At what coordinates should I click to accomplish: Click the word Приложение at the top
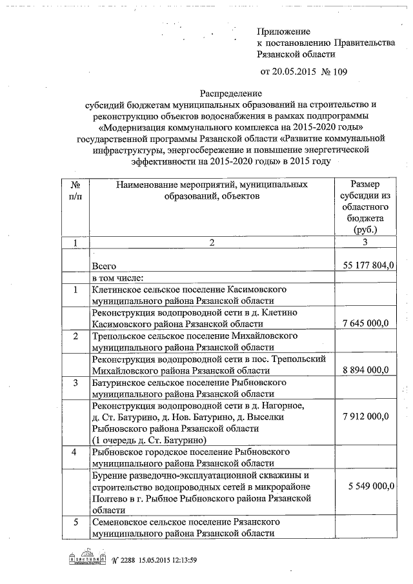(x=283, y=31)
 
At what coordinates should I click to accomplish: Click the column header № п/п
(x=75, y=190)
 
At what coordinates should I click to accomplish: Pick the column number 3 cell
(x=365, y=243)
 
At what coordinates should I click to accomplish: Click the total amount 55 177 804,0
(x=365, y=265)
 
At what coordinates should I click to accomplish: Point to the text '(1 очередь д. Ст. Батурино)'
(x=149, y=440)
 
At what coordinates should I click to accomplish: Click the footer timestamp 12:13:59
(x=179, y=560)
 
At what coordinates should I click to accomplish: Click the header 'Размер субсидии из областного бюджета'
(x=365, y=206)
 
